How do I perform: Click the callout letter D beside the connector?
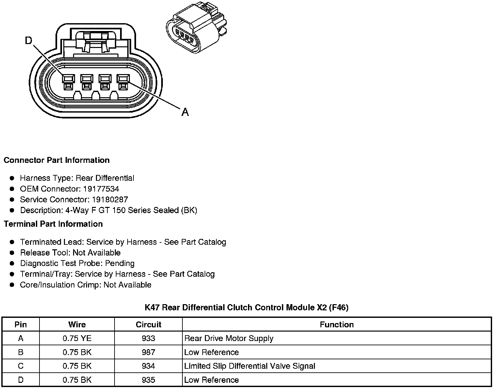coord(29,40)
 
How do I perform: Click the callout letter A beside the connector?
coord(185,112)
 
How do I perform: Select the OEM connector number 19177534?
coord(101,189)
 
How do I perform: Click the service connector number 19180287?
coord(110,200)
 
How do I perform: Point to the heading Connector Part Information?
coord(56,160)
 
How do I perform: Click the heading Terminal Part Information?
coord(53,224)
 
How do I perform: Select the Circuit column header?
coord(148,325)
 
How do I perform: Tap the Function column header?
coord(337,325)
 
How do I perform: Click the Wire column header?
coord(77,325)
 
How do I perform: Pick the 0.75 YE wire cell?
coord(77,338)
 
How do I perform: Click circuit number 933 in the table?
coord(148,338)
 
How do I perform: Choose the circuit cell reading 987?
coord(148,352)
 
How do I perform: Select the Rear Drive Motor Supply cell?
coord(229,338)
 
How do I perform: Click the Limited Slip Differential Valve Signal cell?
coord(250,366)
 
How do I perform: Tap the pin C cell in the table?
coord(21,366)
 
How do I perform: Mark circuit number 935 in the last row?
coord(148,380)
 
